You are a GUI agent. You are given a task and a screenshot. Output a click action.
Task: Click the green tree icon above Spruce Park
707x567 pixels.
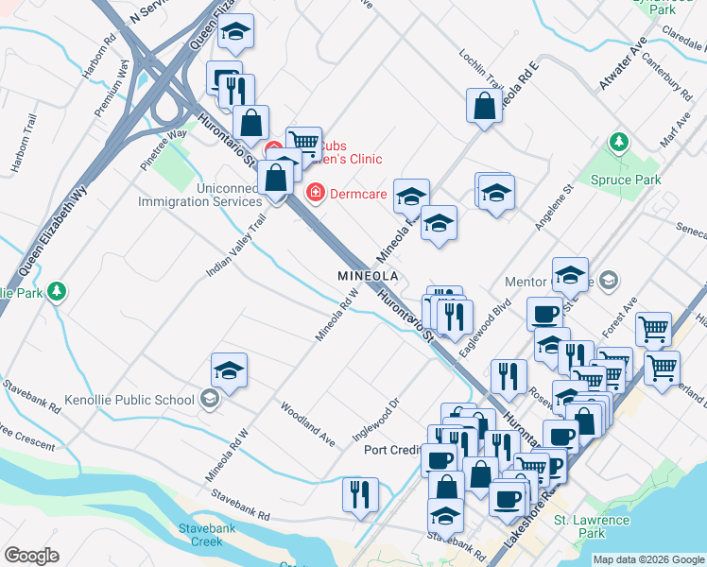619,143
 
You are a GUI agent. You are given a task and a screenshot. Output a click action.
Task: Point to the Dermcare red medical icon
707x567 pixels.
315,193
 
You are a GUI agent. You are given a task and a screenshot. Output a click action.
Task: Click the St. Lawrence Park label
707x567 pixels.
592,526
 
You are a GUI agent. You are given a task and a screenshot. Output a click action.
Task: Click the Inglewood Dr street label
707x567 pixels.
377,416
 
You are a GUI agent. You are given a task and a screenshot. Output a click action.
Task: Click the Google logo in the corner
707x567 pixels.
31,556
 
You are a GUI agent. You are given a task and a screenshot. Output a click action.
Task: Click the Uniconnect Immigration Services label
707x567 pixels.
199,195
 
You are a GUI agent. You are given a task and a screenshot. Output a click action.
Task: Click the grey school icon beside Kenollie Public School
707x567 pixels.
210,399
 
